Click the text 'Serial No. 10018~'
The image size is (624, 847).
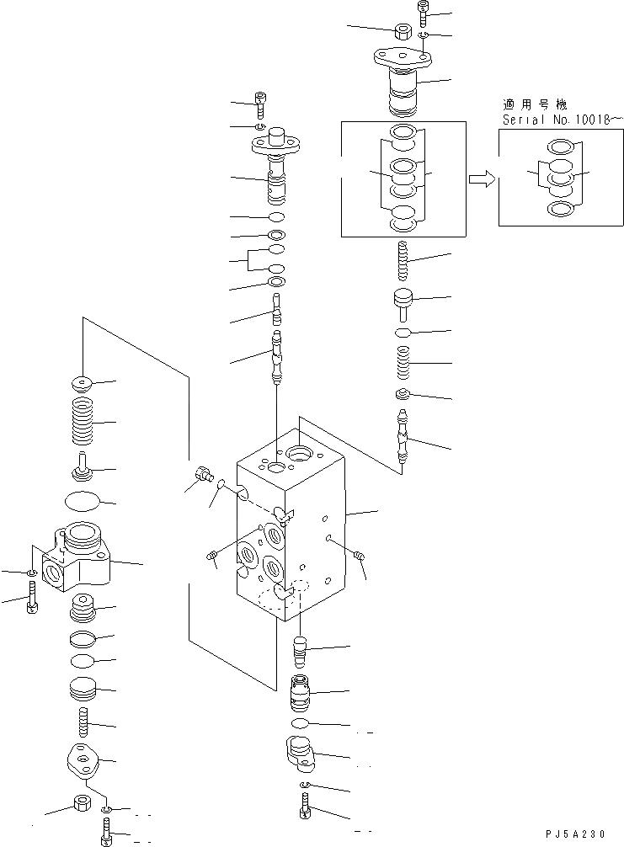click(x=562, y=120)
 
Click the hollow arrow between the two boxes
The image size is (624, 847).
click(x=480, y=178)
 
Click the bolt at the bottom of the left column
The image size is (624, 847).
click(x=106, y=834)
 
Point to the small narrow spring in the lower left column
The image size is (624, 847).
click(x=83, y=722)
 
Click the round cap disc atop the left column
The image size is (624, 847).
click(x=83, y=382)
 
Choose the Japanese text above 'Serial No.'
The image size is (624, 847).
click(x=534, y=105)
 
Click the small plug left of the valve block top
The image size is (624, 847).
click(x=202, y=475)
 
